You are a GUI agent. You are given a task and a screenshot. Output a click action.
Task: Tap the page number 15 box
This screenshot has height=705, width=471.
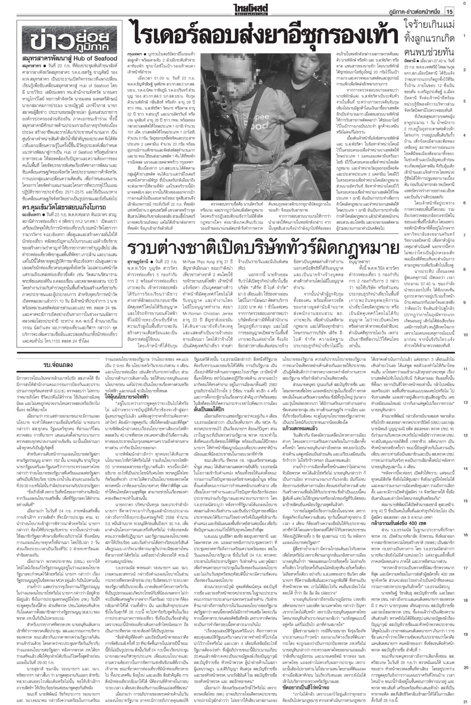pos(449,12)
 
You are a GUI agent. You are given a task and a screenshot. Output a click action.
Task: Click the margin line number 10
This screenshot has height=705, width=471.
pos(465,335)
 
